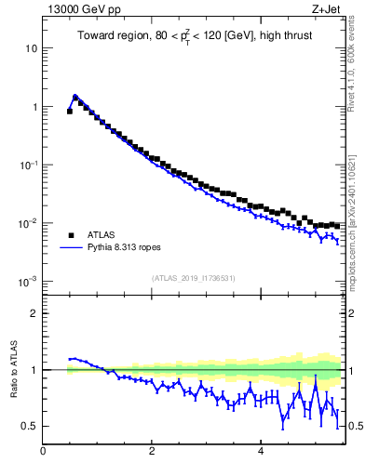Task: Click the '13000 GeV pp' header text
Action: [x=81, y=8]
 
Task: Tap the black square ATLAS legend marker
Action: [x=69, y=235]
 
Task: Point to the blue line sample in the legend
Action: [x=69, y=248]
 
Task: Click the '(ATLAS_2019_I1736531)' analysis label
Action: [x=194, y=277]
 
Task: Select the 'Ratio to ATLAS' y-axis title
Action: [x=14, y=369]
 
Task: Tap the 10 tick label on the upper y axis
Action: [x=31, y=47]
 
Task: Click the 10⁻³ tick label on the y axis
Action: [x=28, y=281]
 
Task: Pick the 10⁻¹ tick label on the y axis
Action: [x=28, y=165]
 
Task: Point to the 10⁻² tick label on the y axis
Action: [x=28, y=223]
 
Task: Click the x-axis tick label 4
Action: [x=260, y=452]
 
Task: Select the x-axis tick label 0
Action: [x=43, y=452]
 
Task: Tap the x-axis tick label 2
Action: [x=152, y=452]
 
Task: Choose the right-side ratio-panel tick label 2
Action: [x=355, y=313]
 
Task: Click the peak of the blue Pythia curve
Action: [x=75, y=96]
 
